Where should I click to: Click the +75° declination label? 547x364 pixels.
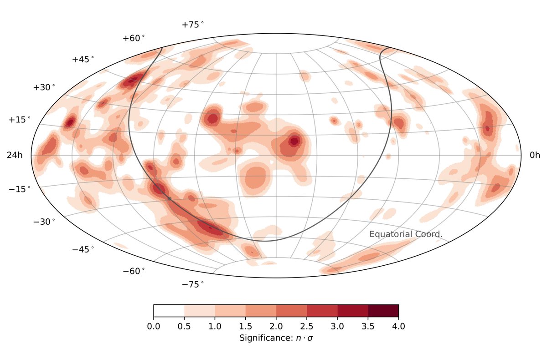coord(193,25)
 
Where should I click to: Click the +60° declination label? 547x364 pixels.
coord(134,39)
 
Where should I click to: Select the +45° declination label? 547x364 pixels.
coord(83,60)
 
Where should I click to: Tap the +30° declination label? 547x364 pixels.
coord(44,87)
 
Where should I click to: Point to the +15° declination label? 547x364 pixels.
coord(20,120)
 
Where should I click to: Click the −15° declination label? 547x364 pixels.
coord(20,189)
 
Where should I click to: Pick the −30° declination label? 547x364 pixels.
coord(44,222)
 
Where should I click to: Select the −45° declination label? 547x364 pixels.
coord(83,249)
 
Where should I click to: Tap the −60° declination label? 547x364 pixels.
coord(134,271)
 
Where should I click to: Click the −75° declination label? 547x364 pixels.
coord(193,284)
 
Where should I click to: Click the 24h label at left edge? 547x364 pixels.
coord(14,156)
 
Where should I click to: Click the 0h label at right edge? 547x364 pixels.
coord(535,156)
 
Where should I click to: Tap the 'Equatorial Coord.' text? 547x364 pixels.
coord(406,234)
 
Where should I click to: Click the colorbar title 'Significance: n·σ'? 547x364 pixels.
coord(276,339)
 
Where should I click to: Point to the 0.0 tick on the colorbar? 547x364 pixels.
coord(154,326)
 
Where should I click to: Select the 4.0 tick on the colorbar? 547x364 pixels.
coord(398,326)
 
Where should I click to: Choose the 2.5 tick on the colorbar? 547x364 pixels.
coord(307,326)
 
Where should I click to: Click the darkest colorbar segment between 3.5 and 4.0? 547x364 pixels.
coord(383,310)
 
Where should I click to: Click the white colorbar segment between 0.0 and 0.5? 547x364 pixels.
coord(169,310)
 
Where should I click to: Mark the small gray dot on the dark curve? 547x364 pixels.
coord(170,198)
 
